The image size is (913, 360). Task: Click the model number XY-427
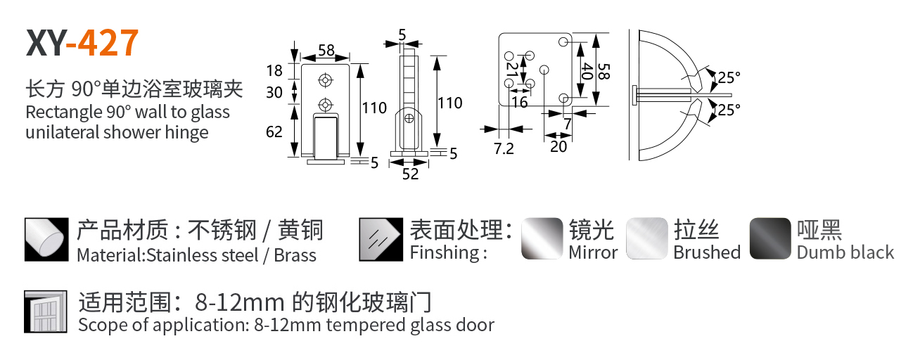(82, 44)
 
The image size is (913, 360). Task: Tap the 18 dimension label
(274, 70)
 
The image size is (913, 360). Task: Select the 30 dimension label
(274, 92)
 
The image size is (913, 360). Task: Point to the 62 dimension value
(274, 131)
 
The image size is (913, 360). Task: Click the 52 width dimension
(410, 174)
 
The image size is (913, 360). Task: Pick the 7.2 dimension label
(504, 148)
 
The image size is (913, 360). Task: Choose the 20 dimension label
(558, 146)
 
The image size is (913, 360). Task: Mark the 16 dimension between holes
(520, 103)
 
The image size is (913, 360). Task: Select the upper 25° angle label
(729, 77)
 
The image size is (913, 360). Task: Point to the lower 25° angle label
(729, 110)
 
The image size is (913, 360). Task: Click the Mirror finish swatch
(542, 238)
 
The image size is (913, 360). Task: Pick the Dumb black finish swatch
(770, 238)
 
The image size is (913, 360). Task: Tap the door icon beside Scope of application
(45, 311)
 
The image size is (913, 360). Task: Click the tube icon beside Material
(46, 238)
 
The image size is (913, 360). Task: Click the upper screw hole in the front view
(324, 79)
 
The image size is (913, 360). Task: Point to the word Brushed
(707, 252)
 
